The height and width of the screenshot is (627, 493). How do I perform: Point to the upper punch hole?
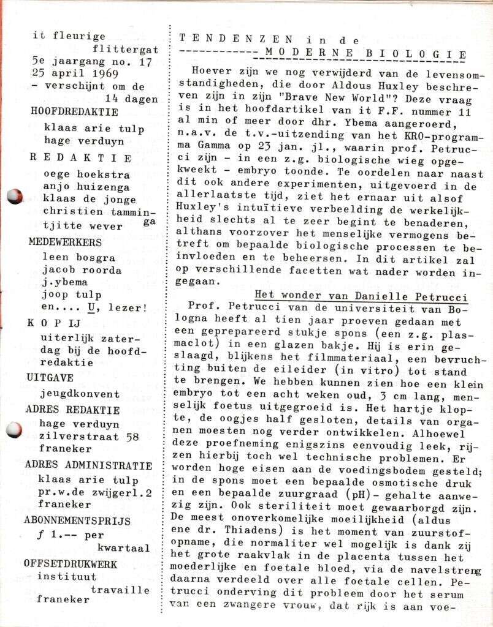click(x=13, y=197)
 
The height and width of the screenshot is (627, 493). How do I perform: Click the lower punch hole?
click(x=13, y=429)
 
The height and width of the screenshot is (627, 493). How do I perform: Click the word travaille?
click(x=120, y=590)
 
